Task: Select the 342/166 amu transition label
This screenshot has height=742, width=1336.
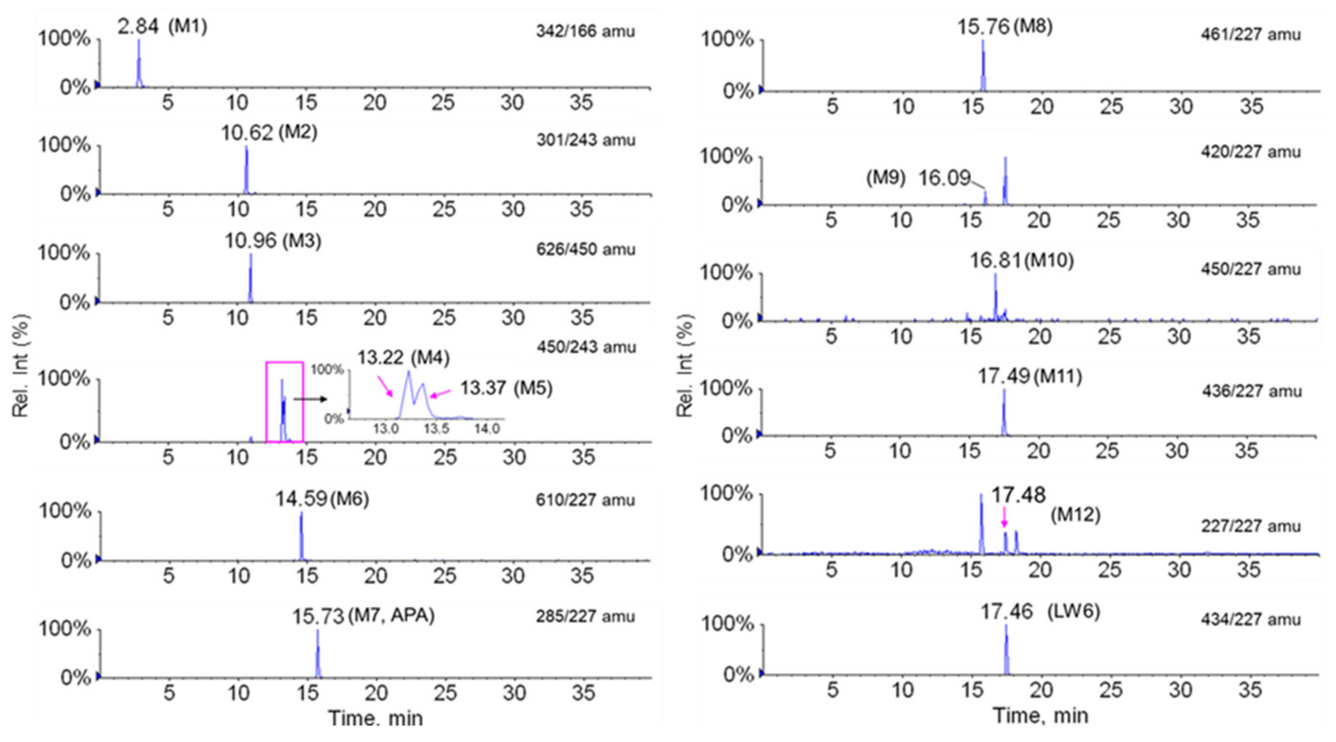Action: [585, 32]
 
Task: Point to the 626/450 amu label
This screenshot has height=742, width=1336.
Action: [585, 249]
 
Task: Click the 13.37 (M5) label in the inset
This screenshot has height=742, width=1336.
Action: [506, 388]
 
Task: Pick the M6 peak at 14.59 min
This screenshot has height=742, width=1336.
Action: [301, 537]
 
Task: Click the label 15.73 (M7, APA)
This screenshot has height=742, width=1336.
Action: [363, 616]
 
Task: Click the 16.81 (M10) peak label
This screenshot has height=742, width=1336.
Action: [1022, 260]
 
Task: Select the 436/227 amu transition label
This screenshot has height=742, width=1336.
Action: [1251, 391]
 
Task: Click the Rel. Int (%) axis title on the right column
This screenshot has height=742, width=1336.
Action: [685, 366]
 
